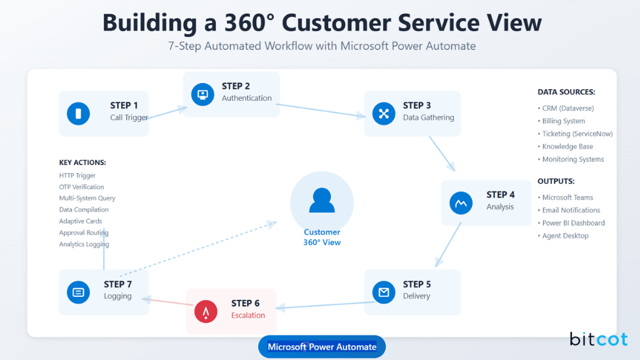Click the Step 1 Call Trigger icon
pyautogui.click(x=78, y=113)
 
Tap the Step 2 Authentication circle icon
pyautogui.click(x=202, y=94)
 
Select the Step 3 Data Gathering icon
pyautogui.click(x=384, y=113)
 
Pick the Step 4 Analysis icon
pyautogui.click(x=461, y=202)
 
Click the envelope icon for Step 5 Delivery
pyautogui.click(x=384, y=292)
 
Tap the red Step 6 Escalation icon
pyautogui.click(x=206, y=311)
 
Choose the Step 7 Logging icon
pyautogui.click(x=78, y=292)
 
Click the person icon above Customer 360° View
pyautogui.click(x=322, y=201)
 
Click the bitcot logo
pyautogui.click(x=598, y=339)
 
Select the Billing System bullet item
pyautogui.click(x=563, y=121)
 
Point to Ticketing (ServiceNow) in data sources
pyautogui.click(x=577, y=134)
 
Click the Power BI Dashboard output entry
pyautogui.click(x=573, y=223)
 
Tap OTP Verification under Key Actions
pyautogui.click(x=81, y=187)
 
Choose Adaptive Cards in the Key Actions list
pyautogui.click(x=80, y=221)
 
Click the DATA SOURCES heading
pyautogui.click(x=566, y=92)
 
